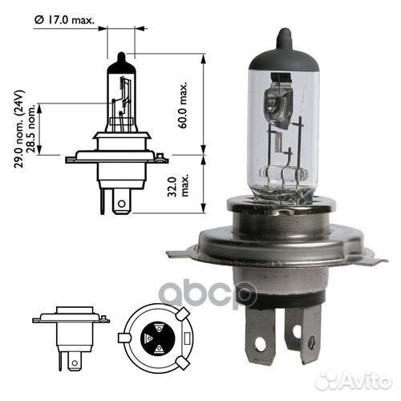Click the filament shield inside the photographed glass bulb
(273, 103)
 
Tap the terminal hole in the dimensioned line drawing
(119, 205)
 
